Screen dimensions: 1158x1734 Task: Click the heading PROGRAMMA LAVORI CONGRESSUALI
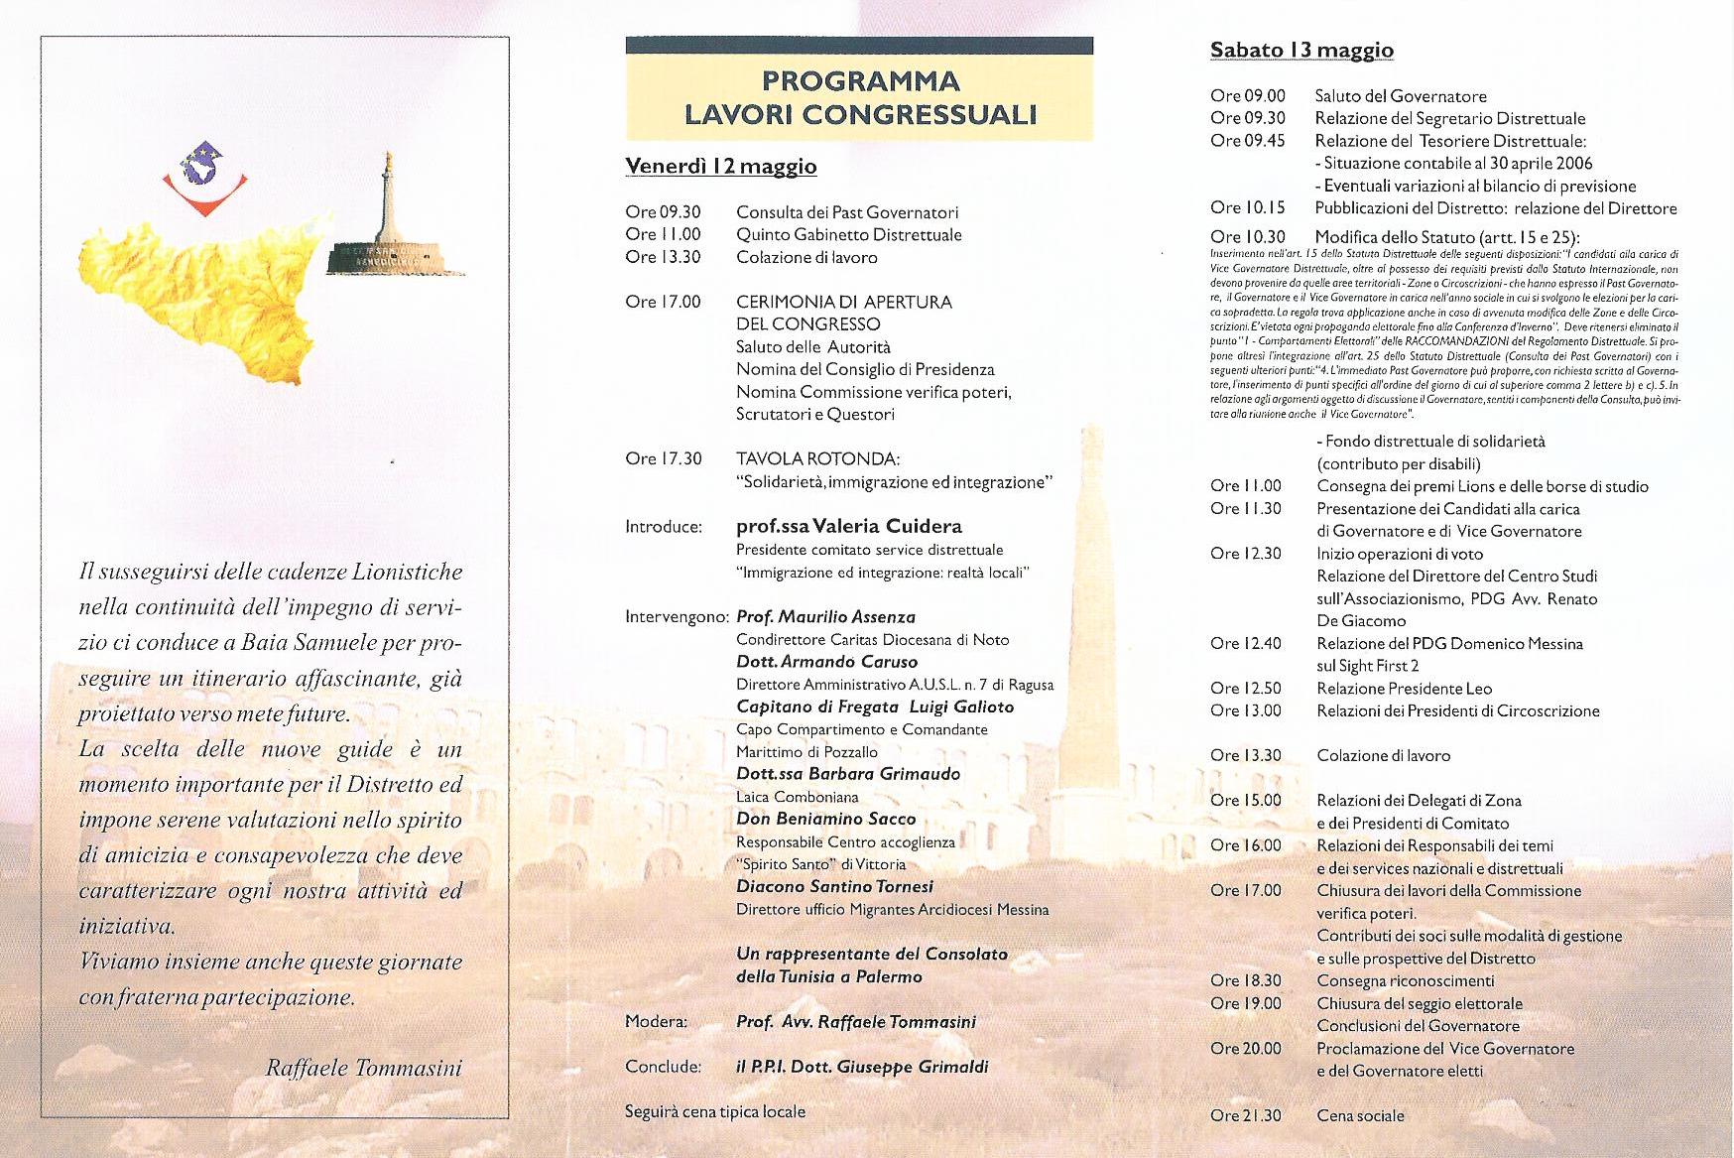coord(859,97)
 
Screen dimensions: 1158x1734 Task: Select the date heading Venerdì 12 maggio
coord(720,166)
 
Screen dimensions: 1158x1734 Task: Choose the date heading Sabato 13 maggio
coord(1301,50)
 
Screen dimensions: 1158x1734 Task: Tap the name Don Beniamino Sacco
coord(825,819)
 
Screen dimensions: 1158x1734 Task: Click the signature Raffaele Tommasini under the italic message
coord(364,1068)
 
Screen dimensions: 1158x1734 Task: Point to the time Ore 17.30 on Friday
coord(663,459)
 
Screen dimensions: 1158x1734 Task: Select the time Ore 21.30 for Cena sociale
coord(1245,1116)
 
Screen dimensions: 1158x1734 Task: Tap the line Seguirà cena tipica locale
coord(714,1111)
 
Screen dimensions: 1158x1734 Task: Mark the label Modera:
coord(657,1022)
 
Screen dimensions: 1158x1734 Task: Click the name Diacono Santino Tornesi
coord(834,886)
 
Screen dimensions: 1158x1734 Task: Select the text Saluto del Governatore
coord(1401,96)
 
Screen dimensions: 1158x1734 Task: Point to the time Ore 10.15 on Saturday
coord(1247,207)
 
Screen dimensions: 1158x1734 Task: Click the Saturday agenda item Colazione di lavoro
coord(1383,756)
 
